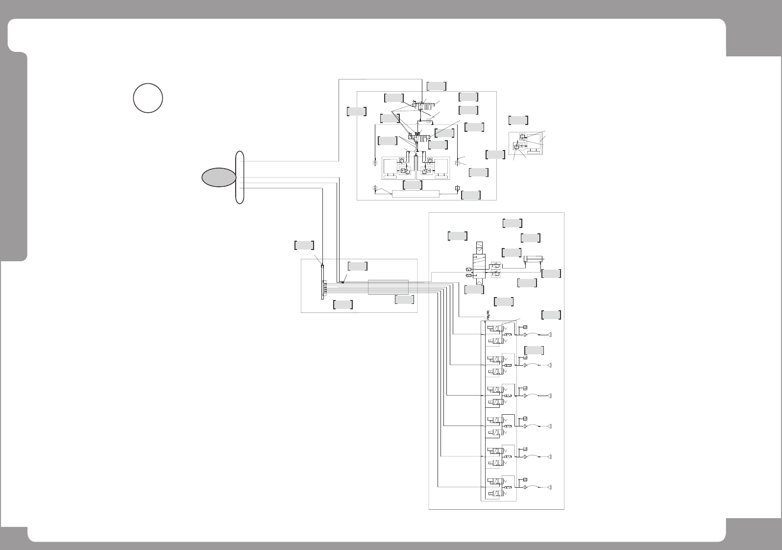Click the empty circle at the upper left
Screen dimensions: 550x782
(x=148, y=98)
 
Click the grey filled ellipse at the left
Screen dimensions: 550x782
(x=220, y=177)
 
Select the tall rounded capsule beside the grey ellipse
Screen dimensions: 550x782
(x=240, y=177)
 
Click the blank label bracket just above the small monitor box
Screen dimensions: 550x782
(x=518, y=120)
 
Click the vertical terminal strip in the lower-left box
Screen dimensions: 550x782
(x=323, y=281)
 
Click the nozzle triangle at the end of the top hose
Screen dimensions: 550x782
(x=550, y=335)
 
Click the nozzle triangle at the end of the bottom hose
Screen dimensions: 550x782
(x=550, y=487)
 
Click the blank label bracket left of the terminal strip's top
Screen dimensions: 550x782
(x=304, y=245)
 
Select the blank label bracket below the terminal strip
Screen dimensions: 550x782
(x=342, y=304)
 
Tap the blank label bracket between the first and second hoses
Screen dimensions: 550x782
(x=534, y=350)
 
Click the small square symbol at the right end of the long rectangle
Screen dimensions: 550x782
(x=457, y=188)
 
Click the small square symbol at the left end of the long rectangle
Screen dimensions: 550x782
(x=375, y=188)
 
